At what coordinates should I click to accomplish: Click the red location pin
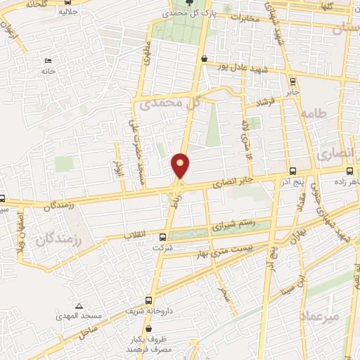[181, 165]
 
